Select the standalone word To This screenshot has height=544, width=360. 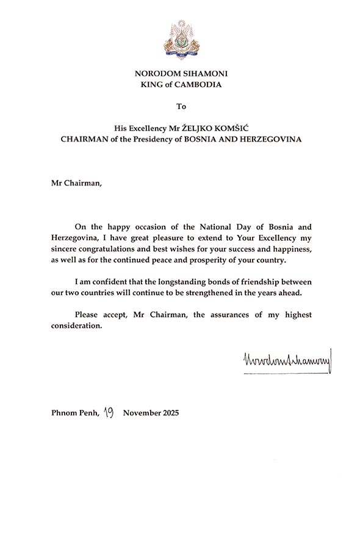coord(180,107)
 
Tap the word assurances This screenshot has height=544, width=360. coord(222,314)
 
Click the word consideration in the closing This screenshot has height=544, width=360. coord(74,325)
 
